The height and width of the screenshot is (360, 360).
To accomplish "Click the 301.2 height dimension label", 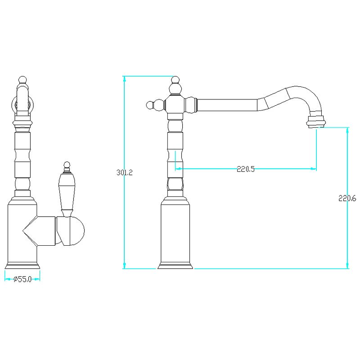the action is tap(125, 172).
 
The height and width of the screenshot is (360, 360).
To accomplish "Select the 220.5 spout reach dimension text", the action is tap(245, 169).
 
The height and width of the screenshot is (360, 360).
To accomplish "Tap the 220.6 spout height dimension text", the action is tap(347, 198).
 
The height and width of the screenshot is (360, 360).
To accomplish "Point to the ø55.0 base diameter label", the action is tap(22, 279).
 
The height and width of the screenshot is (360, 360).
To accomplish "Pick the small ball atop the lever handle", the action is tap(67, 165).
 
